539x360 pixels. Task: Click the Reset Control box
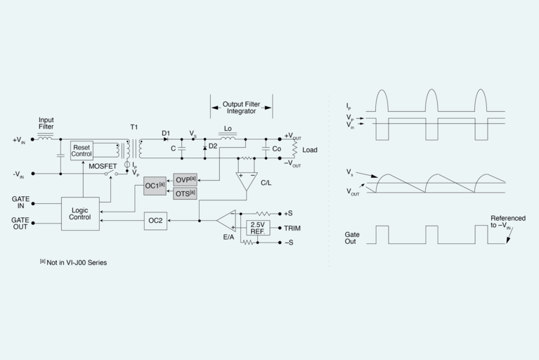82,150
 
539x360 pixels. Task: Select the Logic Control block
79,213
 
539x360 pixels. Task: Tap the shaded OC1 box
155,186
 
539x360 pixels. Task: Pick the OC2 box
155,221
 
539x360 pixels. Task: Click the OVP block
185,179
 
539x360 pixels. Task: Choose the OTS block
185,193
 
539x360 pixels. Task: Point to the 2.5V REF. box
257,228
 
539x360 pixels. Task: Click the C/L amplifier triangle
247,181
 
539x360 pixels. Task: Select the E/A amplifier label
228,237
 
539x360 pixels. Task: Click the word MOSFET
102,166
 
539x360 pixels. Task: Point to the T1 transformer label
134,127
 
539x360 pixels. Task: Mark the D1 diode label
166,132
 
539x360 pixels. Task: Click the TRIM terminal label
293,228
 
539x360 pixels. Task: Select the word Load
310,150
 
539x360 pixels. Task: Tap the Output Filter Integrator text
241,107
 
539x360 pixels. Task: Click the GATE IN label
20,203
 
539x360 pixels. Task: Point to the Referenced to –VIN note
507,223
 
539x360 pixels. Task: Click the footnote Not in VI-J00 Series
73,262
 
